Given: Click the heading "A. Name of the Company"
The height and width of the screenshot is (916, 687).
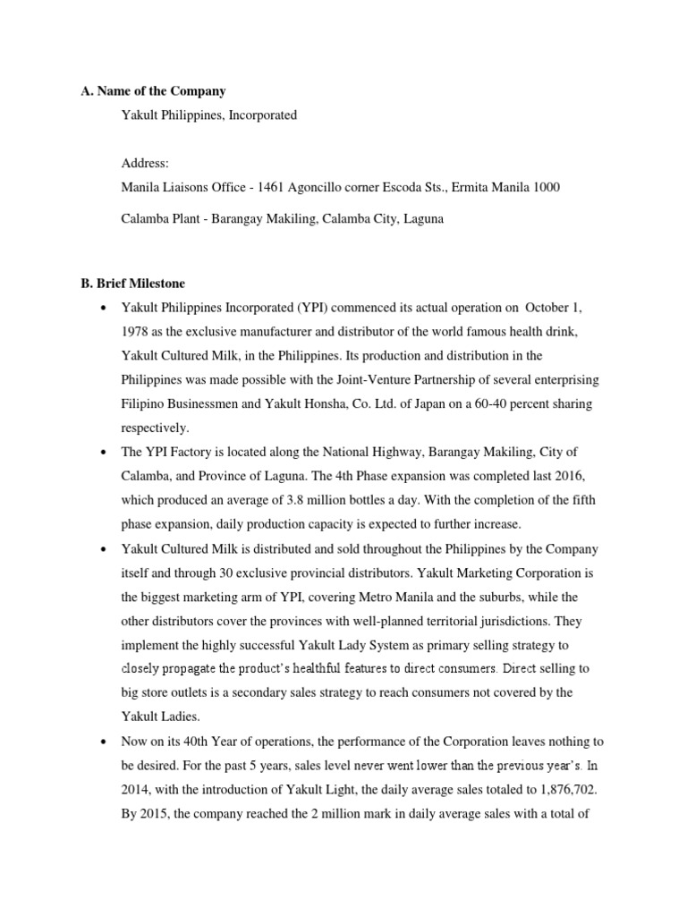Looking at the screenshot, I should [153, 91].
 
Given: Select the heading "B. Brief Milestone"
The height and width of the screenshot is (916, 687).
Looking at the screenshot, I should [133, 284].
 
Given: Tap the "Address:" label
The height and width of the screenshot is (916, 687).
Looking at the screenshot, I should [145, 164].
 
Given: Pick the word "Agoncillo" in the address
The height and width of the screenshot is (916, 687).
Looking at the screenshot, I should [317, 187].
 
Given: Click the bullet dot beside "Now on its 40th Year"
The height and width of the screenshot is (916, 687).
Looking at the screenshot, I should [106, 741].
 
